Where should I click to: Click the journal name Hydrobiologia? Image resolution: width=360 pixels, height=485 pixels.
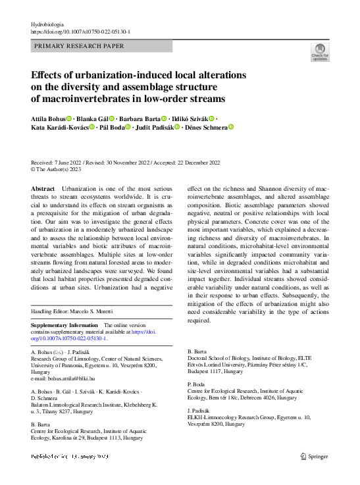pyautogui.click(x=49, y=24)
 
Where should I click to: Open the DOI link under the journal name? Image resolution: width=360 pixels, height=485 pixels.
pyautogui.click(x=80, y=31)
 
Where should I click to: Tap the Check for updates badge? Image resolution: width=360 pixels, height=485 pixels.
pyautogui.click(x=319, y=53)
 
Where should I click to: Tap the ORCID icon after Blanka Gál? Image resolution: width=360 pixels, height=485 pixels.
pyautogui.click(x=112, y=118)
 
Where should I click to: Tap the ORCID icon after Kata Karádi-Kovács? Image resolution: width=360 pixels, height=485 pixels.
pyautogui.click(x=91, y=128)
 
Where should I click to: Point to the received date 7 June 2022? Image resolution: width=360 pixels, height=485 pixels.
pyautogui.click(x=66, y=162)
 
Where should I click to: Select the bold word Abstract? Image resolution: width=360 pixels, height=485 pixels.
pyautogui.click(x=43, y=189)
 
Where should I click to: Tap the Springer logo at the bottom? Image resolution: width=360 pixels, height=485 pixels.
pyautogui.click(x=314, y=456)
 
